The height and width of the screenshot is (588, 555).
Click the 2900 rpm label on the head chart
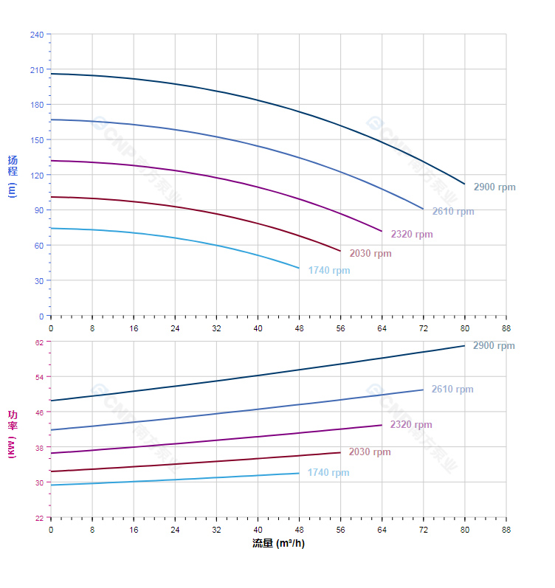[x=494, y=187]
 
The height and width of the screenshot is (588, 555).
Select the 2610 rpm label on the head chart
[x=453, y=212]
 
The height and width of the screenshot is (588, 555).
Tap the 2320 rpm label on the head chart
[x=412, y=235]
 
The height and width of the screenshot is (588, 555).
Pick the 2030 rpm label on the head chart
[x=370, y=254]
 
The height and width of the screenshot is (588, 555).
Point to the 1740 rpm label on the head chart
[x=329, y=271]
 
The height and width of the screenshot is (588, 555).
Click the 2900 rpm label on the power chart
[x=494, y=346]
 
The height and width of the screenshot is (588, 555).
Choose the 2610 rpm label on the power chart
[x=452, y=390]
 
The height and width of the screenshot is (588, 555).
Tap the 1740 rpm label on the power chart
[x=328, y=473]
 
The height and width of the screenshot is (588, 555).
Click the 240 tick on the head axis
[x=37, y=35]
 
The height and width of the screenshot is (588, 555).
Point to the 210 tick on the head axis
[x=37, y=70]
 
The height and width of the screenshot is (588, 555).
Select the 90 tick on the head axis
[x=39, y=210]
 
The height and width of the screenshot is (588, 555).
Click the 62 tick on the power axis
[x=39, y=342]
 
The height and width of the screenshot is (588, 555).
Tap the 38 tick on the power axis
[x=39, y=447]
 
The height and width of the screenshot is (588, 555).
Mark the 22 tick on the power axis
[x=39, y=518]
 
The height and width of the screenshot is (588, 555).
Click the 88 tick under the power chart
[x=506, y=529]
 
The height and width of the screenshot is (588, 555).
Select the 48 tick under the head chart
[x=300, y=327]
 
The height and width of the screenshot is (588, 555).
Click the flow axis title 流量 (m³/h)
[x=278, y=544]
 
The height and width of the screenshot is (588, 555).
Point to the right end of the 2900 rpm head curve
[x=465, y=184]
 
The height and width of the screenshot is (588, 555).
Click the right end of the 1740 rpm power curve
[x=299, y=473]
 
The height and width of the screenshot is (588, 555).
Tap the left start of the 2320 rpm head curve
[x=51, y=161]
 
